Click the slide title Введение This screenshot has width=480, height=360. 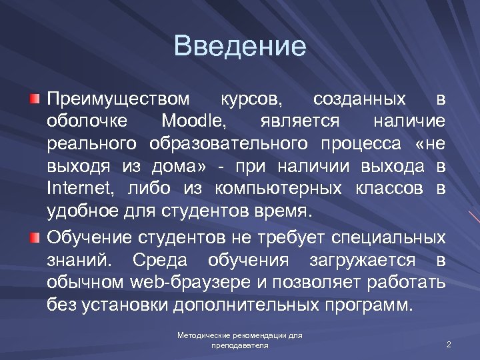pos(240,47)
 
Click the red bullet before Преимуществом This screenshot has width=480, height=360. pos(34,99)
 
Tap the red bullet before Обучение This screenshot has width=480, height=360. pos(34,237)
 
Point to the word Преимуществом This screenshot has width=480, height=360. pos(118,99)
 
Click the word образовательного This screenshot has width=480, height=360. pos(229,144)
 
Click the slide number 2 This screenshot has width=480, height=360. pos(449,345)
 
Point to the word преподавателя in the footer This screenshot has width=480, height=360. pos(240,346)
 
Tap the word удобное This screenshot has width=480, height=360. pos(83,211)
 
